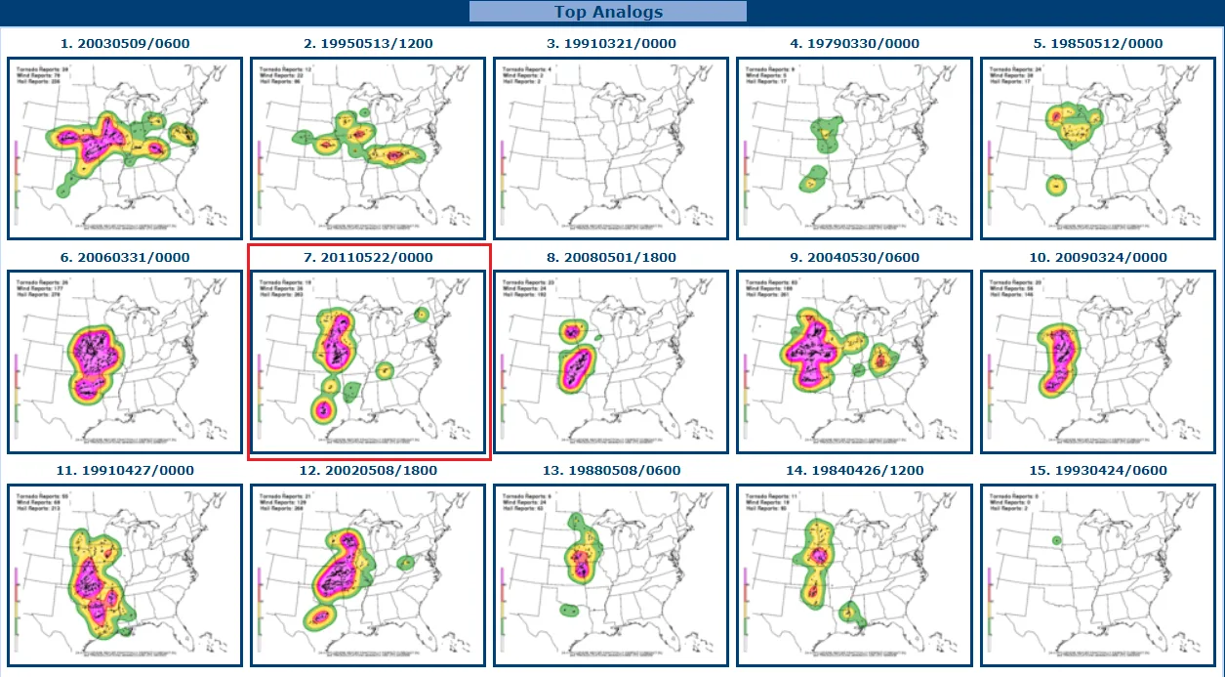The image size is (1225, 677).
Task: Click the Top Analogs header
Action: pos(608,12)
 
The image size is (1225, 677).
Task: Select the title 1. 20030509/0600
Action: pos(125,44)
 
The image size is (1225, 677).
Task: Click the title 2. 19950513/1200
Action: pos(368,44)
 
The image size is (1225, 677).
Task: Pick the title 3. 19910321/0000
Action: pos(610,44)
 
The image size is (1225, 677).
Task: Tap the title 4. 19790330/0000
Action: pos(854,44)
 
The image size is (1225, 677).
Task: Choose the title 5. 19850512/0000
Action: pos(1098,44)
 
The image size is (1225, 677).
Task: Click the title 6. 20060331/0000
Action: pos(125,258)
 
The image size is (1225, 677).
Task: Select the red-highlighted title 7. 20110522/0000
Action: pos(368,258)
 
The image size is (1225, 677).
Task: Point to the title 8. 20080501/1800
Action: pos(610,258)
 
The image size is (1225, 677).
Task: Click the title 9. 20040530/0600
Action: pos(854,258)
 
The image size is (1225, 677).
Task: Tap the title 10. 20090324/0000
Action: pos(1098,258)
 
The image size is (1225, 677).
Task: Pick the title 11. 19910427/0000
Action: pos(125,471)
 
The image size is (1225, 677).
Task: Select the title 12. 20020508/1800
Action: pos(368,471)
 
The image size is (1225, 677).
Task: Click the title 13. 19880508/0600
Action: pos(610,471)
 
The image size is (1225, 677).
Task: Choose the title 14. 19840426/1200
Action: pos(854,471)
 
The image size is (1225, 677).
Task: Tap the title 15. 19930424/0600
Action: pos(1098,471)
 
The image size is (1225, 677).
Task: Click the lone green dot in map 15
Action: pos(1056,540)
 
